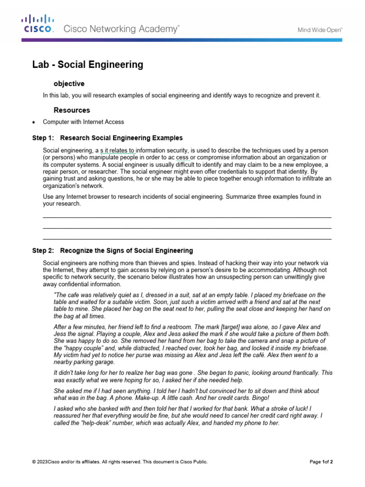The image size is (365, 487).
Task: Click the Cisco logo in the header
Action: click(38, 24)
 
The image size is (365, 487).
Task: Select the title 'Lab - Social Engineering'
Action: click(87, 65)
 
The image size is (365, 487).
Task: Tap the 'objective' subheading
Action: click(69, 83)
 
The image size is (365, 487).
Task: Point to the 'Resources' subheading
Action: click(72, 110)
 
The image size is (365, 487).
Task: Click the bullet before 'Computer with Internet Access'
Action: click(33, 122)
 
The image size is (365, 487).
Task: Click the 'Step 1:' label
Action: click(43, 138)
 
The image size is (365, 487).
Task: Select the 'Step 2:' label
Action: click(43, 251)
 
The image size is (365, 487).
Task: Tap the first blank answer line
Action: click(187, 217)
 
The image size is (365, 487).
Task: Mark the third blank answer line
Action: click(187, 239)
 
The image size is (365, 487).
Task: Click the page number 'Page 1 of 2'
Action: click(321, 462)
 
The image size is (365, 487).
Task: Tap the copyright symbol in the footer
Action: click(34, 462)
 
